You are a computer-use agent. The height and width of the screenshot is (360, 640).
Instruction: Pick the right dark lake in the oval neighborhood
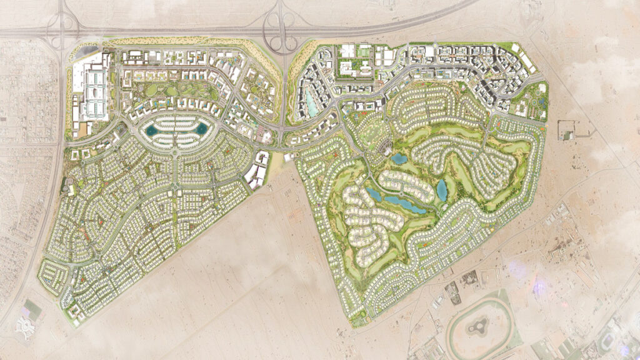coord(201,129)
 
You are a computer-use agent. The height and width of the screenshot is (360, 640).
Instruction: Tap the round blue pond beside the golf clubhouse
coord(399,159)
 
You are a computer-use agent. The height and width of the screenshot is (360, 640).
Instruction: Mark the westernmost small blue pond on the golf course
coord(373,194)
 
